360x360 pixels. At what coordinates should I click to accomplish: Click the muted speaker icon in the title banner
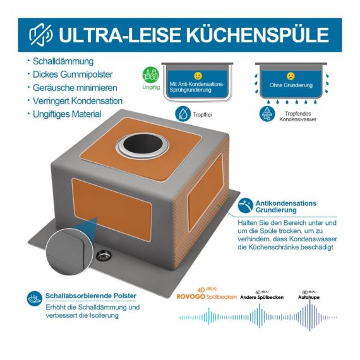point(41,35)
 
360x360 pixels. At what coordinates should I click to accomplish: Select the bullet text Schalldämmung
point(63,61)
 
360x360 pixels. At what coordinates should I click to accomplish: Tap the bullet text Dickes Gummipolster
point(73,75)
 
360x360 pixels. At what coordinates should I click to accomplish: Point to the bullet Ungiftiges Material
point(67,114)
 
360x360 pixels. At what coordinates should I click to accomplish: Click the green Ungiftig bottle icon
point(150,75)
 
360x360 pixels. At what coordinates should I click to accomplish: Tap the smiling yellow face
point(198,76)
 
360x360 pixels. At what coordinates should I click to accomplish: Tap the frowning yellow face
point(291,76)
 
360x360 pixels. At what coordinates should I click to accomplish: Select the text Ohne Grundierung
point(291,85)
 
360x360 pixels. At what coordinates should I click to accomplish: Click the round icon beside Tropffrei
point(183,114)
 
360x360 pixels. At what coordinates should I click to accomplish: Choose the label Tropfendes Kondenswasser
point(297,116)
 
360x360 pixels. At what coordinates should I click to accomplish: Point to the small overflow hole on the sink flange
point(104,256)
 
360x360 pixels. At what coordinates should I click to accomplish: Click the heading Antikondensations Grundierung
point(286,207)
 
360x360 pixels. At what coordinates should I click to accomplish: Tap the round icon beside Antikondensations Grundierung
point(246,205)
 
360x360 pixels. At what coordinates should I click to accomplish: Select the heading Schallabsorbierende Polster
point(91,296)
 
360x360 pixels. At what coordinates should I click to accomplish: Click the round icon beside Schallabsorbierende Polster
point(35,299)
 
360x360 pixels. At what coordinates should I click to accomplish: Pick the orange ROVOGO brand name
point(191,297)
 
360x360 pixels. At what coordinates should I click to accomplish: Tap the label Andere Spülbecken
point(262,297)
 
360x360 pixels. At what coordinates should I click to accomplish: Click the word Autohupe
point(309,297)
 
